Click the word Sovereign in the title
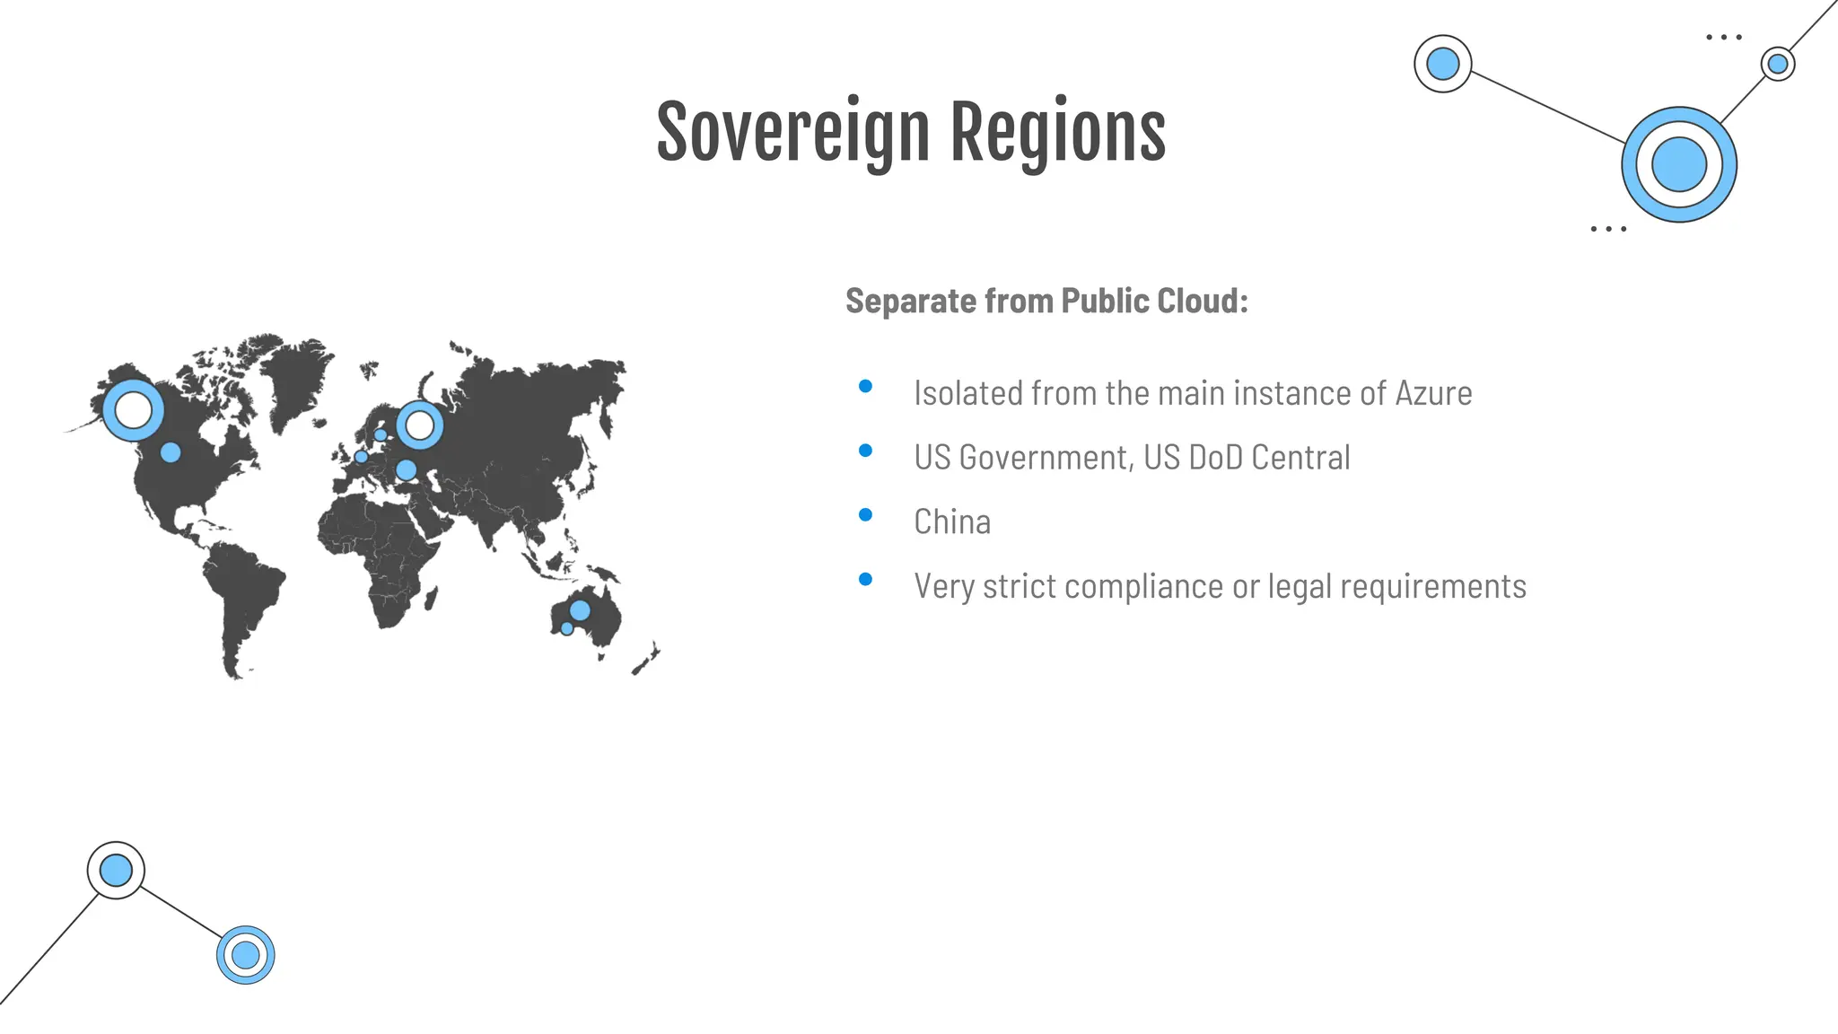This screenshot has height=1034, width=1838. coord(792,133)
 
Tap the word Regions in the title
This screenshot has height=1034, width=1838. coord(1058,133)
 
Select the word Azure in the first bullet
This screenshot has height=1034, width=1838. coord(1433,393)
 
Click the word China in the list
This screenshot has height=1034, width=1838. coord(952,521)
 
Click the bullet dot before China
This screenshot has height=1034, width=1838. coord(865,515)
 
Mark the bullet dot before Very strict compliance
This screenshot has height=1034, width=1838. coord(865,580)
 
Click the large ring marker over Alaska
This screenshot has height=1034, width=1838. coord(134,410)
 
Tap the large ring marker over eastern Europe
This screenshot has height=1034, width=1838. coord(419,425)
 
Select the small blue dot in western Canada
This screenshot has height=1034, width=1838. coord(171,452)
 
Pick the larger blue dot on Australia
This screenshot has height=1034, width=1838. coord(580,610)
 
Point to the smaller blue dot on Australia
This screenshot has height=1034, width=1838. coord(566,628)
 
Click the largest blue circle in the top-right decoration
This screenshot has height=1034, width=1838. coord(1678,165)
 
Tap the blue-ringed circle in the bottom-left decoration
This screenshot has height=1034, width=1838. coord(245,955)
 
